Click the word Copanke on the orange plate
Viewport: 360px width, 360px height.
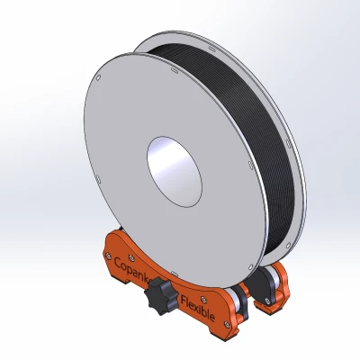133,269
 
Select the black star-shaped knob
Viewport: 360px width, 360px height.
165,293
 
